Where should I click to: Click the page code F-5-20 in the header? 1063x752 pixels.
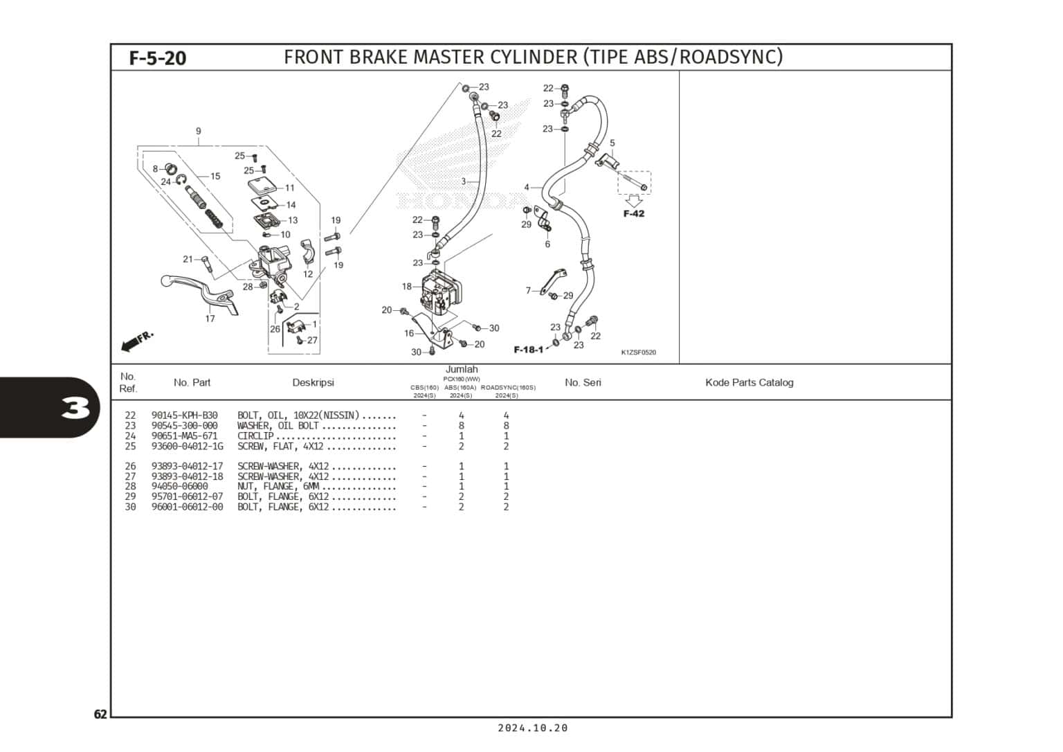(158, 58)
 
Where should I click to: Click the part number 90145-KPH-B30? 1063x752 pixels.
(184, 415)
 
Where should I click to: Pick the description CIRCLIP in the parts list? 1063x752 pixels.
(255, 436)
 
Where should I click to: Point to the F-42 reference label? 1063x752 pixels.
(633, 213)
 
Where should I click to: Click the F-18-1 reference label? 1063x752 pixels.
(528, 350)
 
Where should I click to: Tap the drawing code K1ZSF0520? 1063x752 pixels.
(638, 352)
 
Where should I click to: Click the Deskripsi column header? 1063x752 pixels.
(313, 383)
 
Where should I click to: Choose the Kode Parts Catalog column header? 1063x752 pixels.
(749, 383)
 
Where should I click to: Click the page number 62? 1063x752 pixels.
(100, 715)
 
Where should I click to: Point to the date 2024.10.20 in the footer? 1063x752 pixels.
(532, 728)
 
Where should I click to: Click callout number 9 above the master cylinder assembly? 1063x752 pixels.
(199, 132)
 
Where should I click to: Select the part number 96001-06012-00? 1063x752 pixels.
(187, 507)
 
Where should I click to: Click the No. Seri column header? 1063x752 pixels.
(583, 383)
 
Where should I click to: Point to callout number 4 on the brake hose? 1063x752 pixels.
(527, 188)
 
